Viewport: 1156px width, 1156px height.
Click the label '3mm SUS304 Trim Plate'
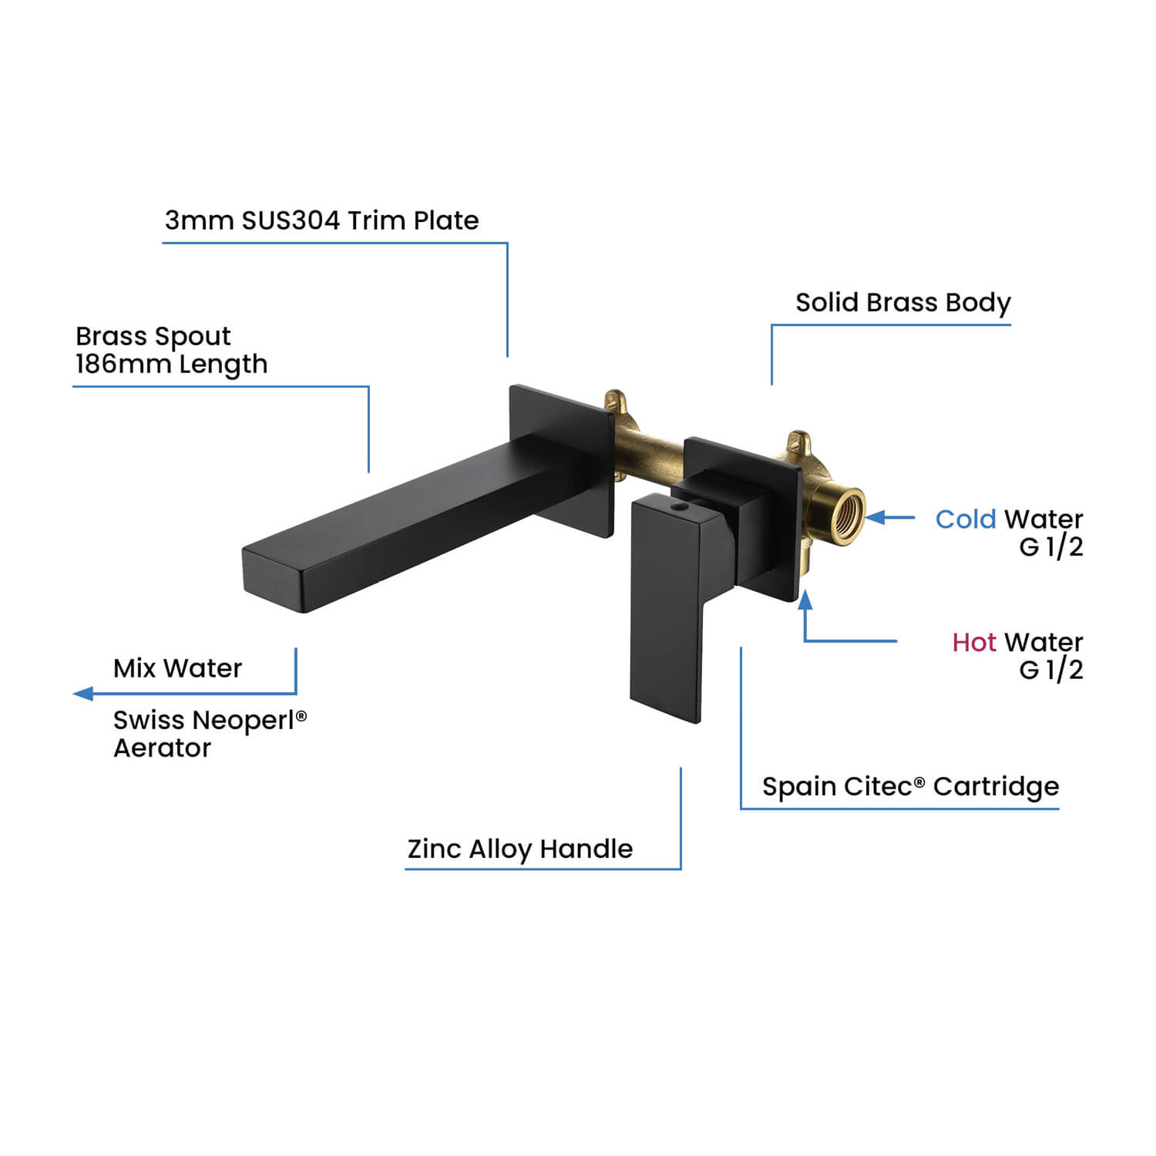tap(321, 220)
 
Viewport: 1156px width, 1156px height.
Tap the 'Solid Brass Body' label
tap(902, 303)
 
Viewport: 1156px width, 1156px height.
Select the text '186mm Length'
tap(171, 364)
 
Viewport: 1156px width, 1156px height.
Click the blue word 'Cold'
tap(966, 519)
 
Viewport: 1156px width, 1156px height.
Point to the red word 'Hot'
tap(974, 642)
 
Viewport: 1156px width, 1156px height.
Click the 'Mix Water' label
tap(177, 668)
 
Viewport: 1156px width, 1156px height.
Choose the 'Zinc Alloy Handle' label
tap(520, 849)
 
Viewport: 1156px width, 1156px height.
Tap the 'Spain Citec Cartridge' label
tap(910, 787)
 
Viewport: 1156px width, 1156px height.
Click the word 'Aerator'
tap(162, 748)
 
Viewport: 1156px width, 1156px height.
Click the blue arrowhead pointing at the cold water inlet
tap(875, 517)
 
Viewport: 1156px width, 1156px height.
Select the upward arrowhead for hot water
tap(805, 600)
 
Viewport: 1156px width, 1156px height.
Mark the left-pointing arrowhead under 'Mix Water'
tap(83, 694)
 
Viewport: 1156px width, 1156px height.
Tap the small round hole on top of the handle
tap(679, 508)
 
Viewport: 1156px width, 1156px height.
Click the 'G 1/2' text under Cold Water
tap(1051, 547)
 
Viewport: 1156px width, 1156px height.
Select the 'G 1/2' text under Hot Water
tap(1051, 670)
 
